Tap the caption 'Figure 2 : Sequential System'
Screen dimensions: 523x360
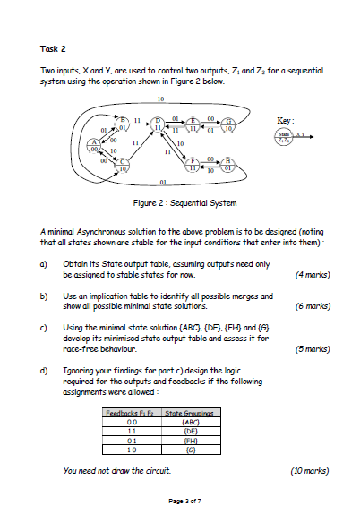(179, 202)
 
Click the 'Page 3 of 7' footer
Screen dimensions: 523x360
(180, 510)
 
